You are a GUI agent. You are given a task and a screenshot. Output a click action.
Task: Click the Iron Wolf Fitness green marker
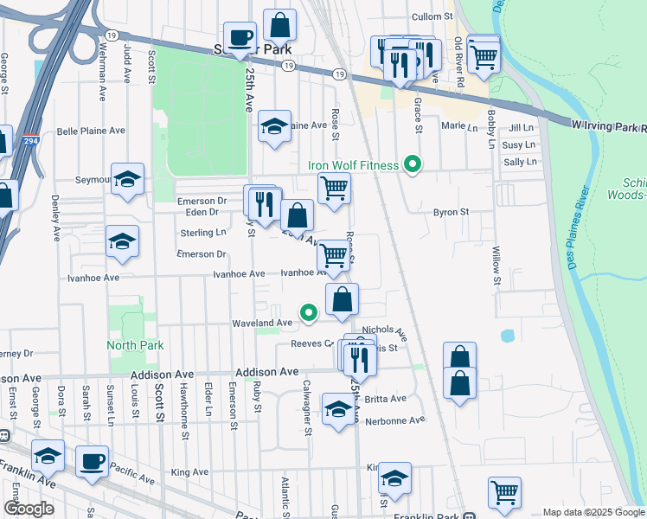click(x=413, y=163)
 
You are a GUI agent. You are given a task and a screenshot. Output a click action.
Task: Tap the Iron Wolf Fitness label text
click(x=354, y=165)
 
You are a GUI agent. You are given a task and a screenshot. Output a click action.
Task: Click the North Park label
click(x=135, y=345)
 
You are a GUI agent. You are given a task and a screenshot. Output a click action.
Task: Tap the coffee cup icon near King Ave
click(x=93, y=461)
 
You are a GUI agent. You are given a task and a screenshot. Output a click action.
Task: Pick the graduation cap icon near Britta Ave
click(x=338, y=407)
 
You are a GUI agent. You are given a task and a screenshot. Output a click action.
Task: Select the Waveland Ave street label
click(x=261, y=323)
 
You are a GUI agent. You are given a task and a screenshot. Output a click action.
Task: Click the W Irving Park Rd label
click(x=609, y=126)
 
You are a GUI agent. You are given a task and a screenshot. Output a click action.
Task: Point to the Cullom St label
click(x=432, y=16)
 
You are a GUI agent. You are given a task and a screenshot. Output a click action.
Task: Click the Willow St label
click(x=496, y=266)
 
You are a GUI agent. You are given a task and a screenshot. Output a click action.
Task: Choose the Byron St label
click(x=451, y=211)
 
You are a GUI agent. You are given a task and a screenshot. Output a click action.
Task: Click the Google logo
click(x=29, y=509)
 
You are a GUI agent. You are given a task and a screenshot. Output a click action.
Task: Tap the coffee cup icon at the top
click(x=240, y=37)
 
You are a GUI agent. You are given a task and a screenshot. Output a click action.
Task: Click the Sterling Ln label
click(x=202, y=233)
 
